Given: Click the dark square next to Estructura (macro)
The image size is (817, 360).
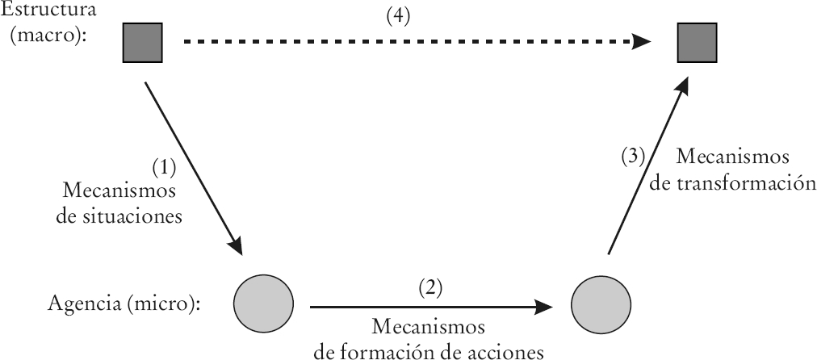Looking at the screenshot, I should click(142, 43).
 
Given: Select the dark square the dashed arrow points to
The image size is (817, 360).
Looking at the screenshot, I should click(697, 43).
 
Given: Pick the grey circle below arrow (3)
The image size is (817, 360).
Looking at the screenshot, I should click(600, 305).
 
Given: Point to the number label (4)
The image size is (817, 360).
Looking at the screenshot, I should click(398, 19).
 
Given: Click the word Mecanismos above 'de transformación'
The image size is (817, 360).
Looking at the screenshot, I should click(732, 156).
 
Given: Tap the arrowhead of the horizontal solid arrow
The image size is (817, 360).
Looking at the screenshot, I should click(546, 306).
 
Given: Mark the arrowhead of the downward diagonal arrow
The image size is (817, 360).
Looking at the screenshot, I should click(237, 244).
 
